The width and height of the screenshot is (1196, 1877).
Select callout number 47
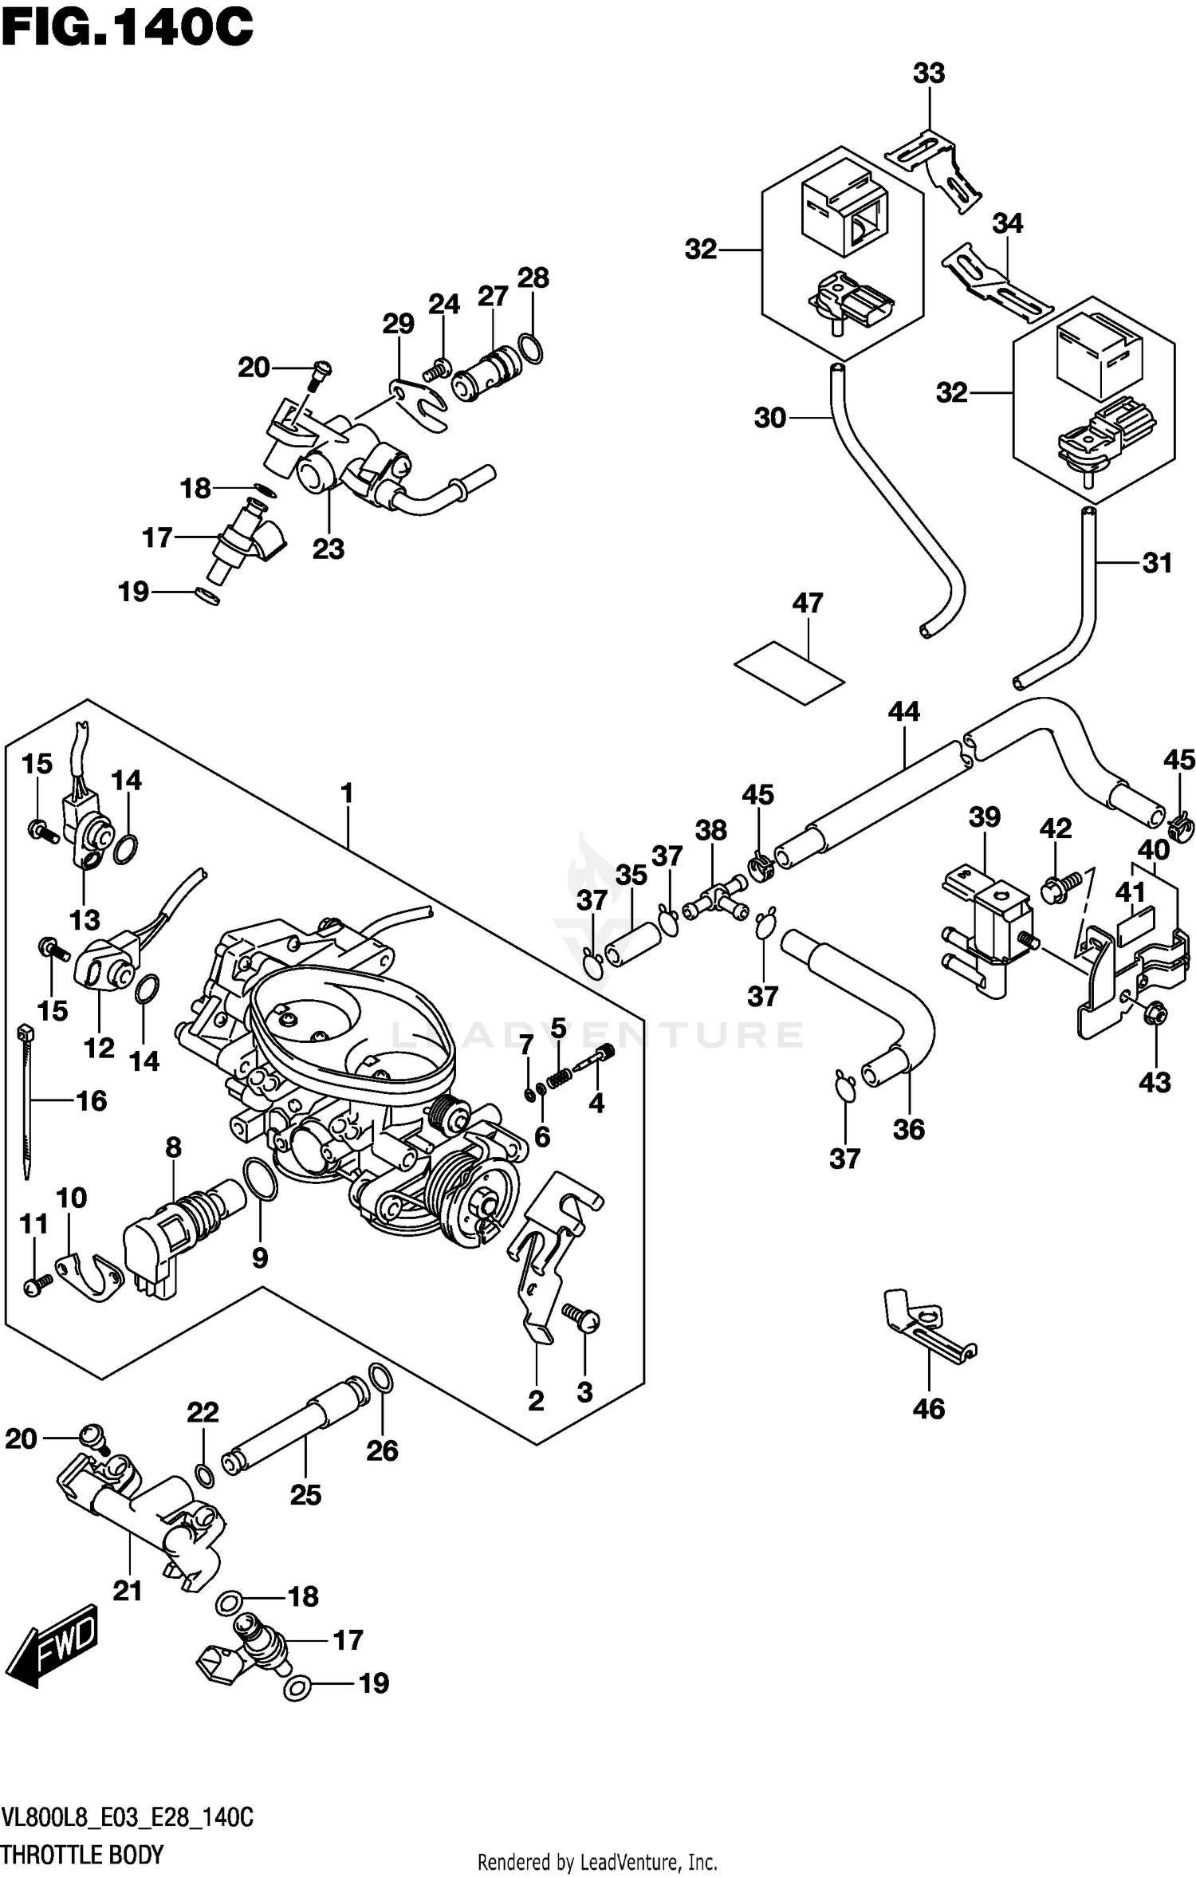[x=807, y=603]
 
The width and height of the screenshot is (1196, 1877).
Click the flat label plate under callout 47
[x=789, y=673]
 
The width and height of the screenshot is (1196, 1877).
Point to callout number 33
[x=929, y=73]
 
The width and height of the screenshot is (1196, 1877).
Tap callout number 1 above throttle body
[x=346, y=793]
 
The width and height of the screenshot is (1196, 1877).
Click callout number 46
[x=929, y=1409]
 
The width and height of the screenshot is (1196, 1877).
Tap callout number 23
[x=328, y=549]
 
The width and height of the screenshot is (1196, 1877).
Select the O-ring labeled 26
[x=381, y=1377]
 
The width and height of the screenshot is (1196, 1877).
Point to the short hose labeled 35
[x=635, y=944]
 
